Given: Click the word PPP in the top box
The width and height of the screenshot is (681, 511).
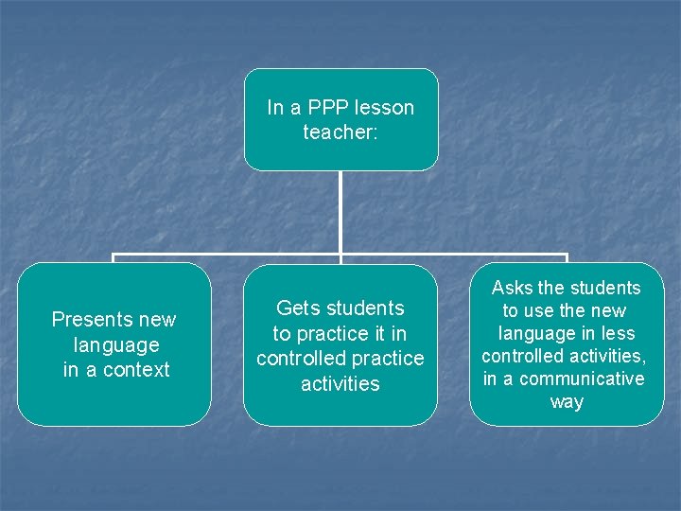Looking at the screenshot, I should [324, 108].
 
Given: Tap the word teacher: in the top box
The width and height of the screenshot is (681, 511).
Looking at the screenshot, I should [340, 132].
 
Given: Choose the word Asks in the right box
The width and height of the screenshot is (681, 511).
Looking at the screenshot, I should [512, 288].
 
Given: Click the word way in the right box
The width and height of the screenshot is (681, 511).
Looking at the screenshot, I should [567, 402].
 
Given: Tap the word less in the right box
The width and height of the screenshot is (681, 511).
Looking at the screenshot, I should [617, 333].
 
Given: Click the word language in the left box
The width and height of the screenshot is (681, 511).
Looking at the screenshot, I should [115, 345].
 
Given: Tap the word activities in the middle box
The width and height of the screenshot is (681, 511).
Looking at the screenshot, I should [340, 383].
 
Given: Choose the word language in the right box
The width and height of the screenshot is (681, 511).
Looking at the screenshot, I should [539, 333].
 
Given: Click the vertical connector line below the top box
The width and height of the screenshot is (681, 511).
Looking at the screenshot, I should [340, 213].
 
